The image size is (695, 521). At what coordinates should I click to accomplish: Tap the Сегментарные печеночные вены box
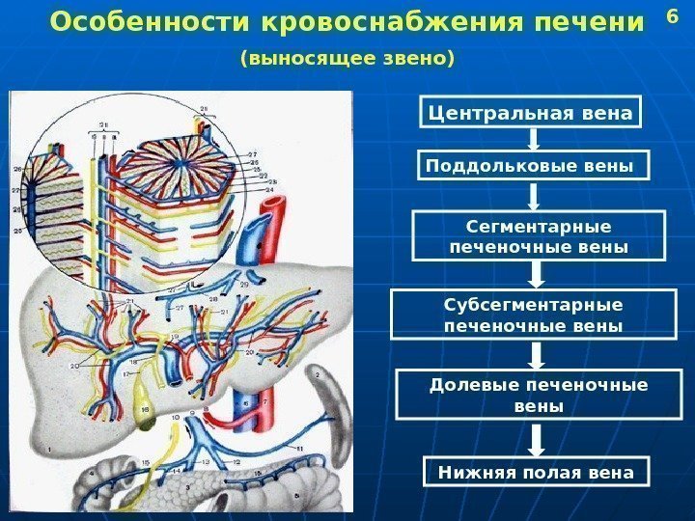pos(539,237)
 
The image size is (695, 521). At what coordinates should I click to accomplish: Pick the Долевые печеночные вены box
pos(539,396)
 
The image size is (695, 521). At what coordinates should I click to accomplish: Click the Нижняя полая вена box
pos(537,472)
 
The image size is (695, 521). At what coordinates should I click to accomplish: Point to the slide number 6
pos(673,17)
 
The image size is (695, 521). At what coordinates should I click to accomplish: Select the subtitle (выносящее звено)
pos(347,60)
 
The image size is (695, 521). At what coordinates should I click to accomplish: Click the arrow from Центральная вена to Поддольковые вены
pos(532,139)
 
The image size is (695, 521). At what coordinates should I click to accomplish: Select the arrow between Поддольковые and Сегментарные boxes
pos(533,197)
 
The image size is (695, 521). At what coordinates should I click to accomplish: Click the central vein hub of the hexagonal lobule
pos(184,154)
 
